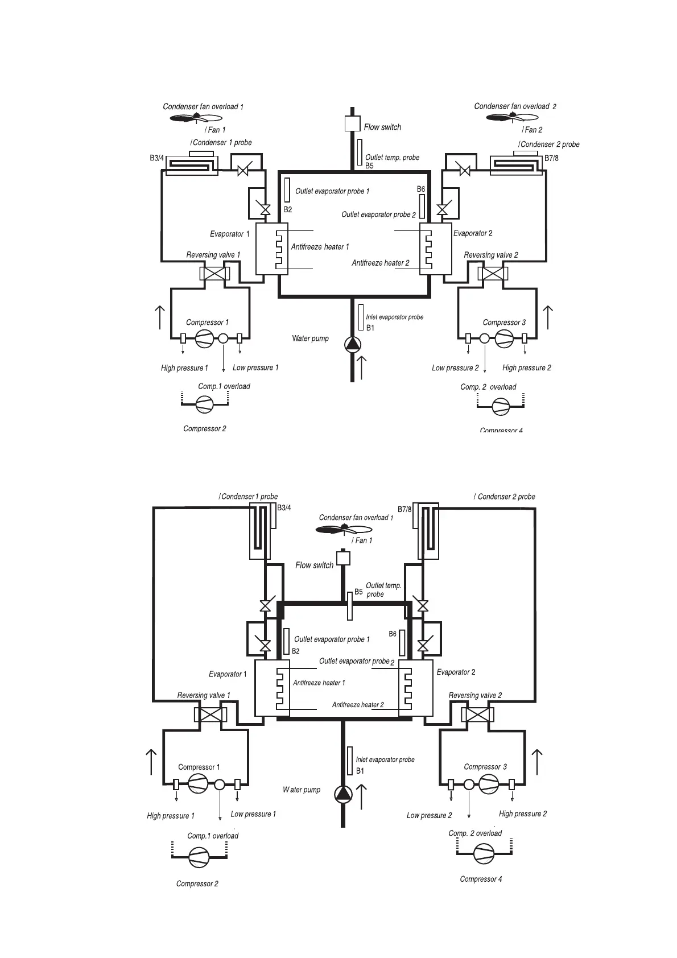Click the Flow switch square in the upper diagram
(353, 123)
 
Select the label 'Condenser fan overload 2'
(515, 106)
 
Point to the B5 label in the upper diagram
(369, 166)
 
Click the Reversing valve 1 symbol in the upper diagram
(214, 273)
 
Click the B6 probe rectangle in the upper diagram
(422, 206)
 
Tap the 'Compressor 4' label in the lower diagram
(481, 879)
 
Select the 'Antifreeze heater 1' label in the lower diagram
(319, 683)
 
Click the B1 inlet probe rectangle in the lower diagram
(350, 761)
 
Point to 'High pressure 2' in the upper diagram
(526, 368)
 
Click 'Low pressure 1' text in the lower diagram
(253, 814)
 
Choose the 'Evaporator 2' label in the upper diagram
(473, 233)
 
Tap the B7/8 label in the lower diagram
(404, 510)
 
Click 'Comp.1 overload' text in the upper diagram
(224, 386)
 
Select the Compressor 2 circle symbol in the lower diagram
(199, 857)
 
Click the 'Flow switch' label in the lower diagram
(314, 565)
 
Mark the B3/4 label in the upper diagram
(157, 158)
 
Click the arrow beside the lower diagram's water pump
(361, 796)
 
